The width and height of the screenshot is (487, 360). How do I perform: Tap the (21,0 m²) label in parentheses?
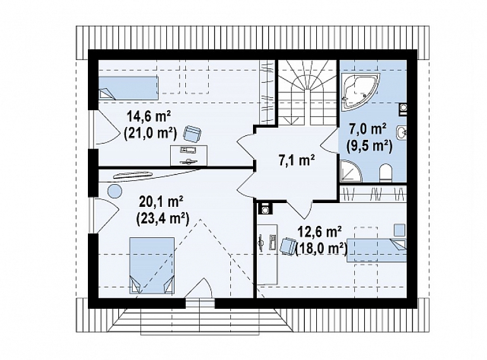pyautogui.click(x=150, y=134)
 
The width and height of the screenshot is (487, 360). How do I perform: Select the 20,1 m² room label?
pyautogui.click(x=161, y=202)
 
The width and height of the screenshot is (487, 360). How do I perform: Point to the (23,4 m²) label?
pyautogui.click(x=163, y=220)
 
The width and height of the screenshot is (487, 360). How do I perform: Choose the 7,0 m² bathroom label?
pyautogui.click(x=368, y=129)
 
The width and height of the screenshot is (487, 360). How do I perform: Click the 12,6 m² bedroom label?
pyautogui.click(x=319, y=232)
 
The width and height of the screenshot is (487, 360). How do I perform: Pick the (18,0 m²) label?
pyautogui.click(x=322, y=249)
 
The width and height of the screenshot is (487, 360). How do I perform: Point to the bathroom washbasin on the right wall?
pyautogui.click(x=401, y=133)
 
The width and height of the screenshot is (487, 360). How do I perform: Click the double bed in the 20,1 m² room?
pyautogui.click(x=152, y=266)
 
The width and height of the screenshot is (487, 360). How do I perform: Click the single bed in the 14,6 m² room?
pyautogui.click(x=128, y=88)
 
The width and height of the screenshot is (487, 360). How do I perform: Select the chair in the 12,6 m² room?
pyautogui.click(x=288, y=246)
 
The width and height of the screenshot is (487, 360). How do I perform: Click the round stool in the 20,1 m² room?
pyautogui.click(x=115, y=190)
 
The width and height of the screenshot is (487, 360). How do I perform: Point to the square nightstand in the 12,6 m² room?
pyautogui.click(x=400, y=230)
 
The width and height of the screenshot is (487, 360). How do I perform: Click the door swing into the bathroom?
pyautogui.click(x=330, y=142)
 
